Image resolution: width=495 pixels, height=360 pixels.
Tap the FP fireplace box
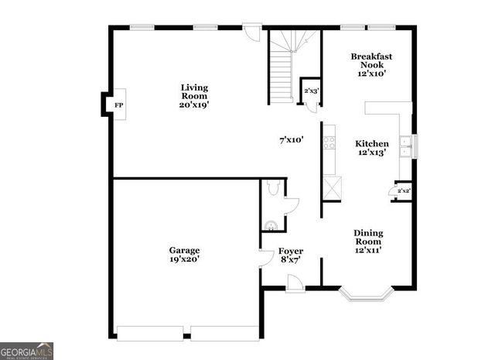click(118, 105)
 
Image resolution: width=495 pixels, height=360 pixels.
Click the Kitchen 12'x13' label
click(371, 148)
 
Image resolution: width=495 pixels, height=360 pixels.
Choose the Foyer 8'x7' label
click(291, 255)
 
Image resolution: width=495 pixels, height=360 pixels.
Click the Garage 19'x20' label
click(184, 255)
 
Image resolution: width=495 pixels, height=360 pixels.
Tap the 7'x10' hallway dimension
click(291, 140)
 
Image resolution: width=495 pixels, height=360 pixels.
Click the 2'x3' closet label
click(311, 91)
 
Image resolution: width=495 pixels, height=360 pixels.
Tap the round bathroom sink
click(271, 226)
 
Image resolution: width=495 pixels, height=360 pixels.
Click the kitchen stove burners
click(329, 142)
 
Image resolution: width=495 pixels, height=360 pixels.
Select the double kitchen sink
click(405, 146)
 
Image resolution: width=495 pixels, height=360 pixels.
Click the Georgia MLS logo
click(27, 351)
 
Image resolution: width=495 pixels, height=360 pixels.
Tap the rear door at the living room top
click(251, 31)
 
